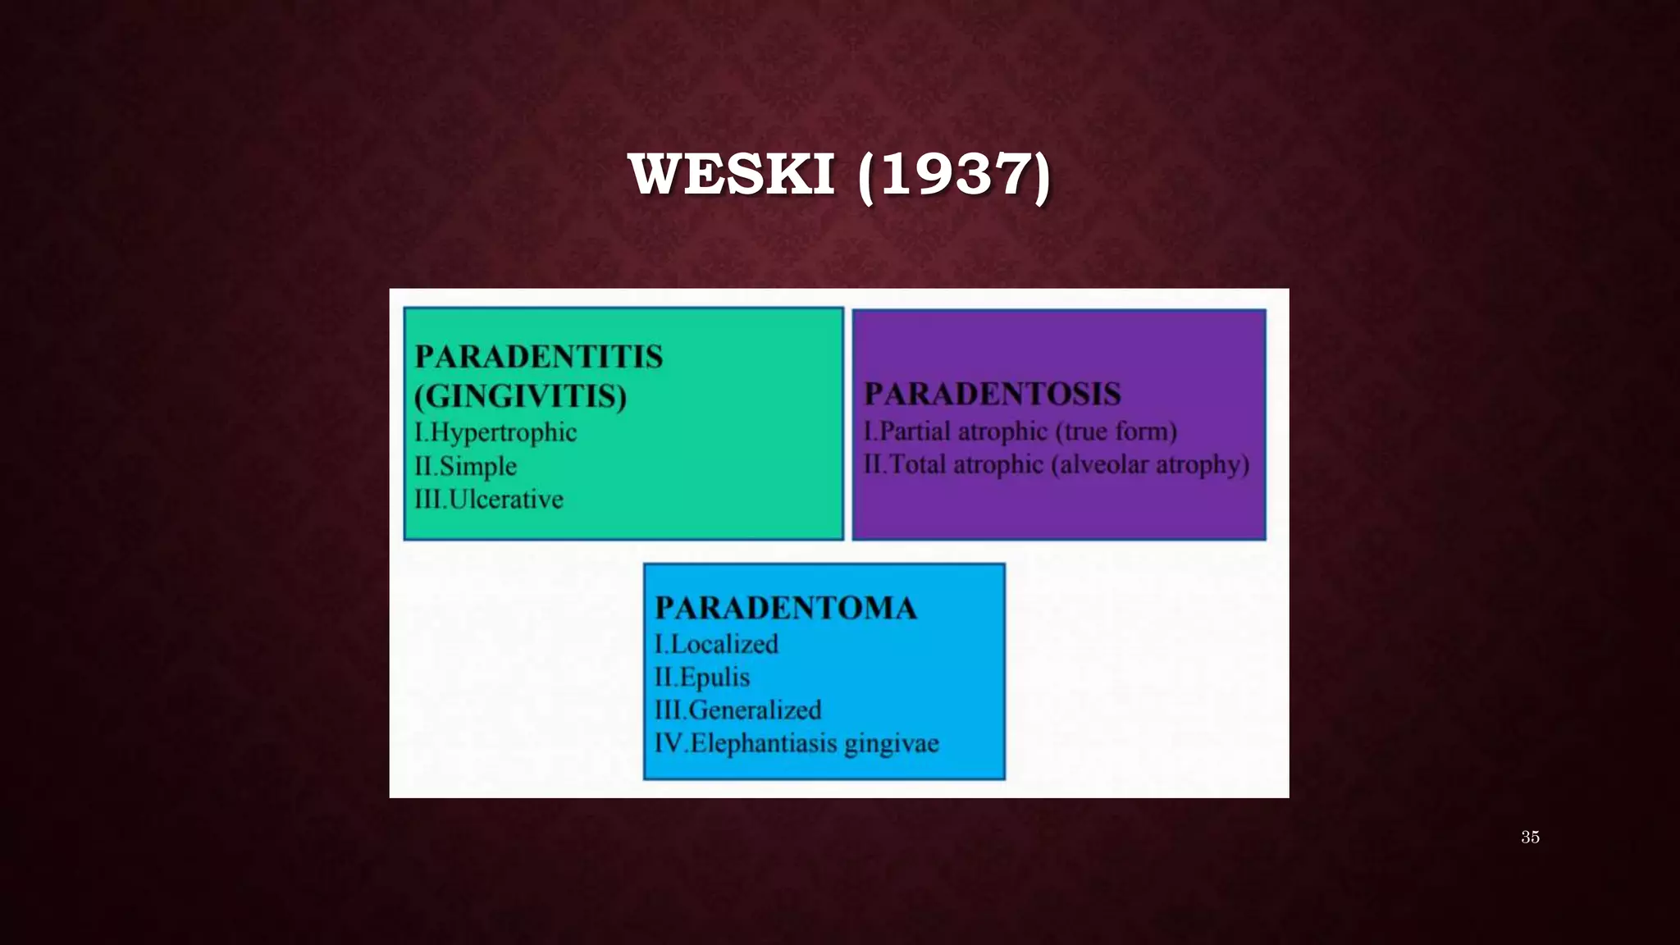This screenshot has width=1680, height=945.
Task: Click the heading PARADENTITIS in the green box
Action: [x=538, y=357]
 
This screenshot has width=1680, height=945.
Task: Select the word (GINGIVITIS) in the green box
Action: [x=520, y=396]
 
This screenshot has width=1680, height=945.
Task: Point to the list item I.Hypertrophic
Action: [x=495, y=432]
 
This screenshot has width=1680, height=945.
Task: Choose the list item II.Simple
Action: [x=465, y=466]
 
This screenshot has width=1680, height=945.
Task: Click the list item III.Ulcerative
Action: [x=489, y=499]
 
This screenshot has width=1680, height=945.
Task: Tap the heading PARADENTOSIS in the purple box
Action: [x=992, y=394]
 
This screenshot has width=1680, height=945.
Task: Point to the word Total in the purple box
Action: [x=917, y=464]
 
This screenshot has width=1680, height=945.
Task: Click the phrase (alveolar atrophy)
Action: [x=1153, y=464]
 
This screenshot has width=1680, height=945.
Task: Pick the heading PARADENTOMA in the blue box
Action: [x=785, y=608]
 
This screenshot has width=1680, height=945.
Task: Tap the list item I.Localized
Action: [x=716, y=644]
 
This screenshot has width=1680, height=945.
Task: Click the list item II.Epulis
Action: [x=702, y=677]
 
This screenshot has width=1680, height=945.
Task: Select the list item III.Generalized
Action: [x=737, y=710]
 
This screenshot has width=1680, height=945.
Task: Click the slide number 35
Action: [x=1530, y=837]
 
